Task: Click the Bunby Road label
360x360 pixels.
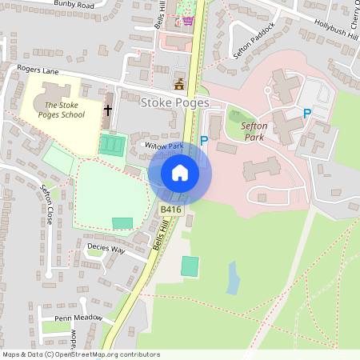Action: pos(74,5)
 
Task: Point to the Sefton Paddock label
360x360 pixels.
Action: pos(254,41)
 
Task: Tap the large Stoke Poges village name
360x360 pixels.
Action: pos(174,103)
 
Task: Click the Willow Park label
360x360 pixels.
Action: pos(165,146)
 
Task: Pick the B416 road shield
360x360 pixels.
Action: pos(170,209)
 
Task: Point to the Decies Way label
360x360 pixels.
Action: pos(106,249)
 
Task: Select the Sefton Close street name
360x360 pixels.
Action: pos(46,203)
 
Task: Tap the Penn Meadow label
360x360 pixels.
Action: pos(78,318)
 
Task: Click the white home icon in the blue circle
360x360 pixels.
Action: pos(180,172)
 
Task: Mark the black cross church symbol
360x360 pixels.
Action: pos(108,109)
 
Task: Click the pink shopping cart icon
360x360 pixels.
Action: pos(188,20)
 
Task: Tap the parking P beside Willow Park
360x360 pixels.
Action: pos(204,141)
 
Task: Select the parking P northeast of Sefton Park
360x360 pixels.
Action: pos(306,114)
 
